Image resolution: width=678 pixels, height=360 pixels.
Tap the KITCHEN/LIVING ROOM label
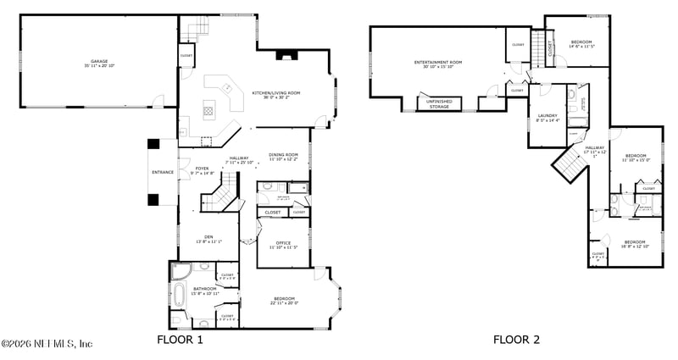[x=275, y=94]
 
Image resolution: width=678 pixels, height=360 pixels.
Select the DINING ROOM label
[x=283, y=156]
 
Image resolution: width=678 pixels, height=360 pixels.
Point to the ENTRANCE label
[x=163, y=172]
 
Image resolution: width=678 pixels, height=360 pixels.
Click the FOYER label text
[x=202, y=169]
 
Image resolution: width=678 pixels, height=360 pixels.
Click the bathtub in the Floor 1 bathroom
[x=181, y=296]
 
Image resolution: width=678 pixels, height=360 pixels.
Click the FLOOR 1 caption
[x=181, y=340]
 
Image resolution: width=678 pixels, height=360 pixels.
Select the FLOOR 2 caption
[x=517, y=340]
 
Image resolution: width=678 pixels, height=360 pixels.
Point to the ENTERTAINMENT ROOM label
[x=437, y=64]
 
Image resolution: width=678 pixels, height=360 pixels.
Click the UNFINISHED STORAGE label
[x=439, y=105]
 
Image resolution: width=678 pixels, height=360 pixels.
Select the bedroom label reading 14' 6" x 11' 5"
[x=581, y=43]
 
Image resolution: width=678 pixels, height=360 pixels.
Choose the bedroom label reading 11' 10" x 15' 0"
[x=636, y=158]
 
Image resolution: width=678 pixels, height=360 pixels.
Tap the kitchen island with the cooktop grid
[x=208, y=110]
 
